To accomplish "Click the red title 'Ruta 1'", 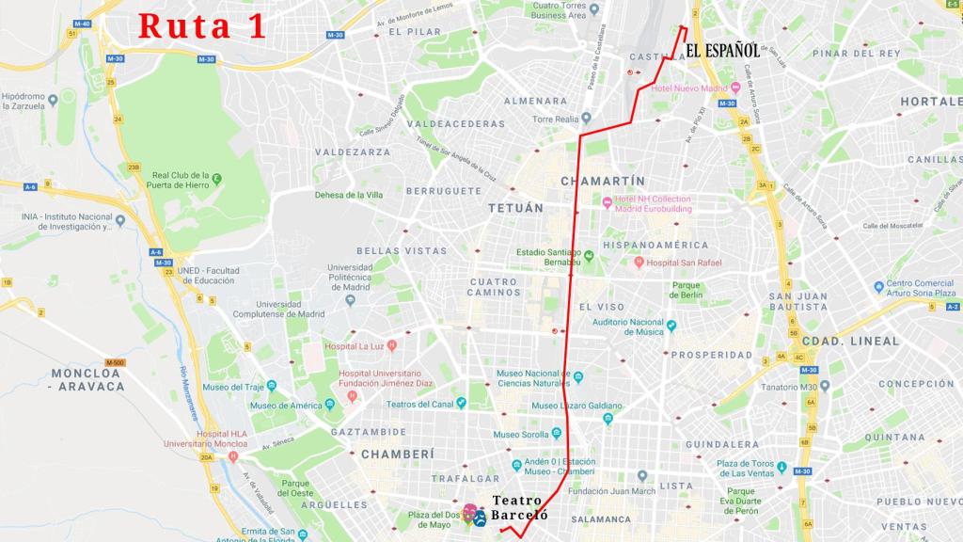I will point(202,26).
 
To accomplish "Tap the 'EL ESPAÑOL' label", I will point(722,51).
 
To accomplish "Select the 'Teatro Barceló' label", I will point(519,509).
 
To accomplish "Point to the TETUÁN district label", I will point(515,208).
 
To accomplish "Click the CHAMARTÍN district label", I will point(603,181).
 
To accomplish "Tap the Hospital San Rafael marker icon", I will point(639,263).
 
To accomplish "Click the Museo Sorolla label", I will point(523,435).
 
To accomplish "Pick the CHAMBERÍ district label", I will point(397,454).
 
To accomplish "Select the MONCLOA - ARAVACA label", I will point(87,379).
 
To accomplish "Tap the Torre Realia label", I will point(555,120).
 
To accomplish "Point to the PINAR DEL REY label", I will point(856,54).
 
